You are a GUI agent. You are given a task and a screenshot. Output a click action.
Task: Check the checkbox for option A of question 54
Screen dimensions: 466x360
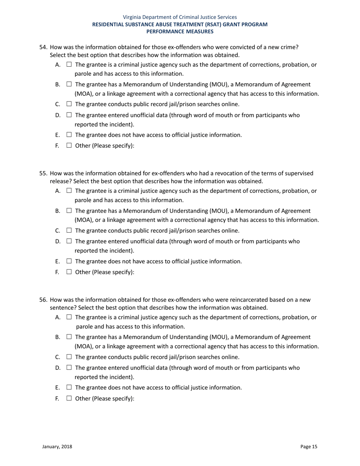coord(69,65)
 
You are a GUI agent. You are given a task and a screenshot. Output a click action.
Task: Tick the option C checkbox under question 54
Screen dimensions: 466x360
coord(69,104)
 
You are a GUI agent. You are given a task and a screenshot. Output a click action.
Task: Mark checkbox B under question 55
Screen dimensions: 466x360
coord(69,211)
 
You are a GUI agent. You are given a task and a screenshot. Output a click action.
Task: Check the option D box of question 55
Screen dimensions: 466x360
coord(69,242)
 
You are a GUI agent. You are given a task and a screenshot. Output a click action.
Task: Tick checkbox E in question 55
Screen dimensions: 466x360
coord(69,261)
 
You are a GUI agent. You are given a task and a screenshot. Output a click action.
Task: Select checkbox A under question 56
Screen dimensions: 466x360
coord(69,317)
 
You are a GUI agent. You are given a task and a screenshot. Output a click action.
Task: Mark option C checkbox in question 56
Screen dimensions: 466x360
coord(69,357)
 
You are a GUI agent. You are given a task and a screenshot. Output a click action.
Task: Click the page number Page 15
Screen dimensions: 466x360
coord(308,447)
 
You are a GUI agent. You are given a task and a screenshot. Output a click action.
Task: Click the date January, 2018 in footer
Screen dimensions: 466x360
coord(57,447)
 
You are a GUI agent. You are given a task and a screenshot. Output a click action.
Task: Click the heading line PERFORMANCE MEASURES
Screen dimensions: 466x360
coord(180,31)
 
